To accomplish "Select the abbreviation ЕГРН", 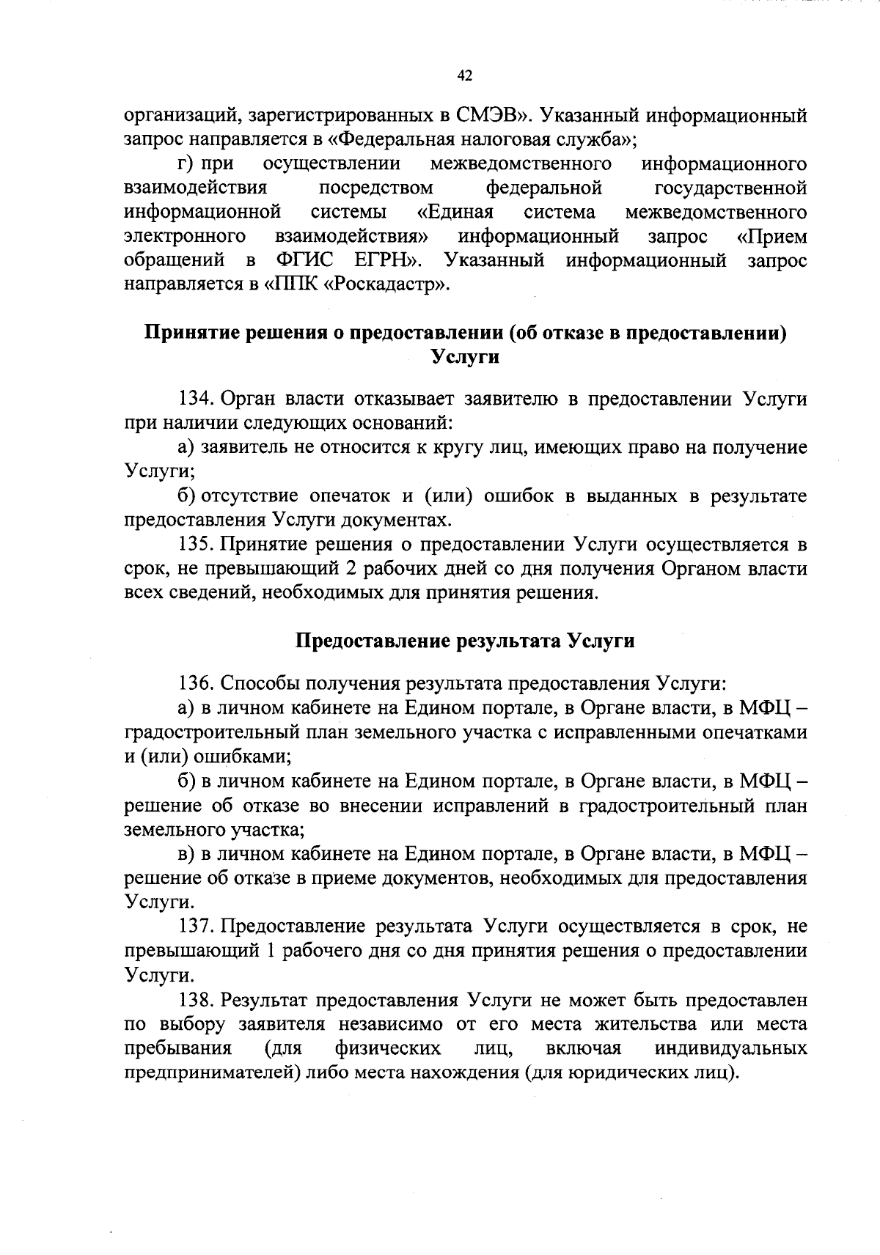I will point(385,260).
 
